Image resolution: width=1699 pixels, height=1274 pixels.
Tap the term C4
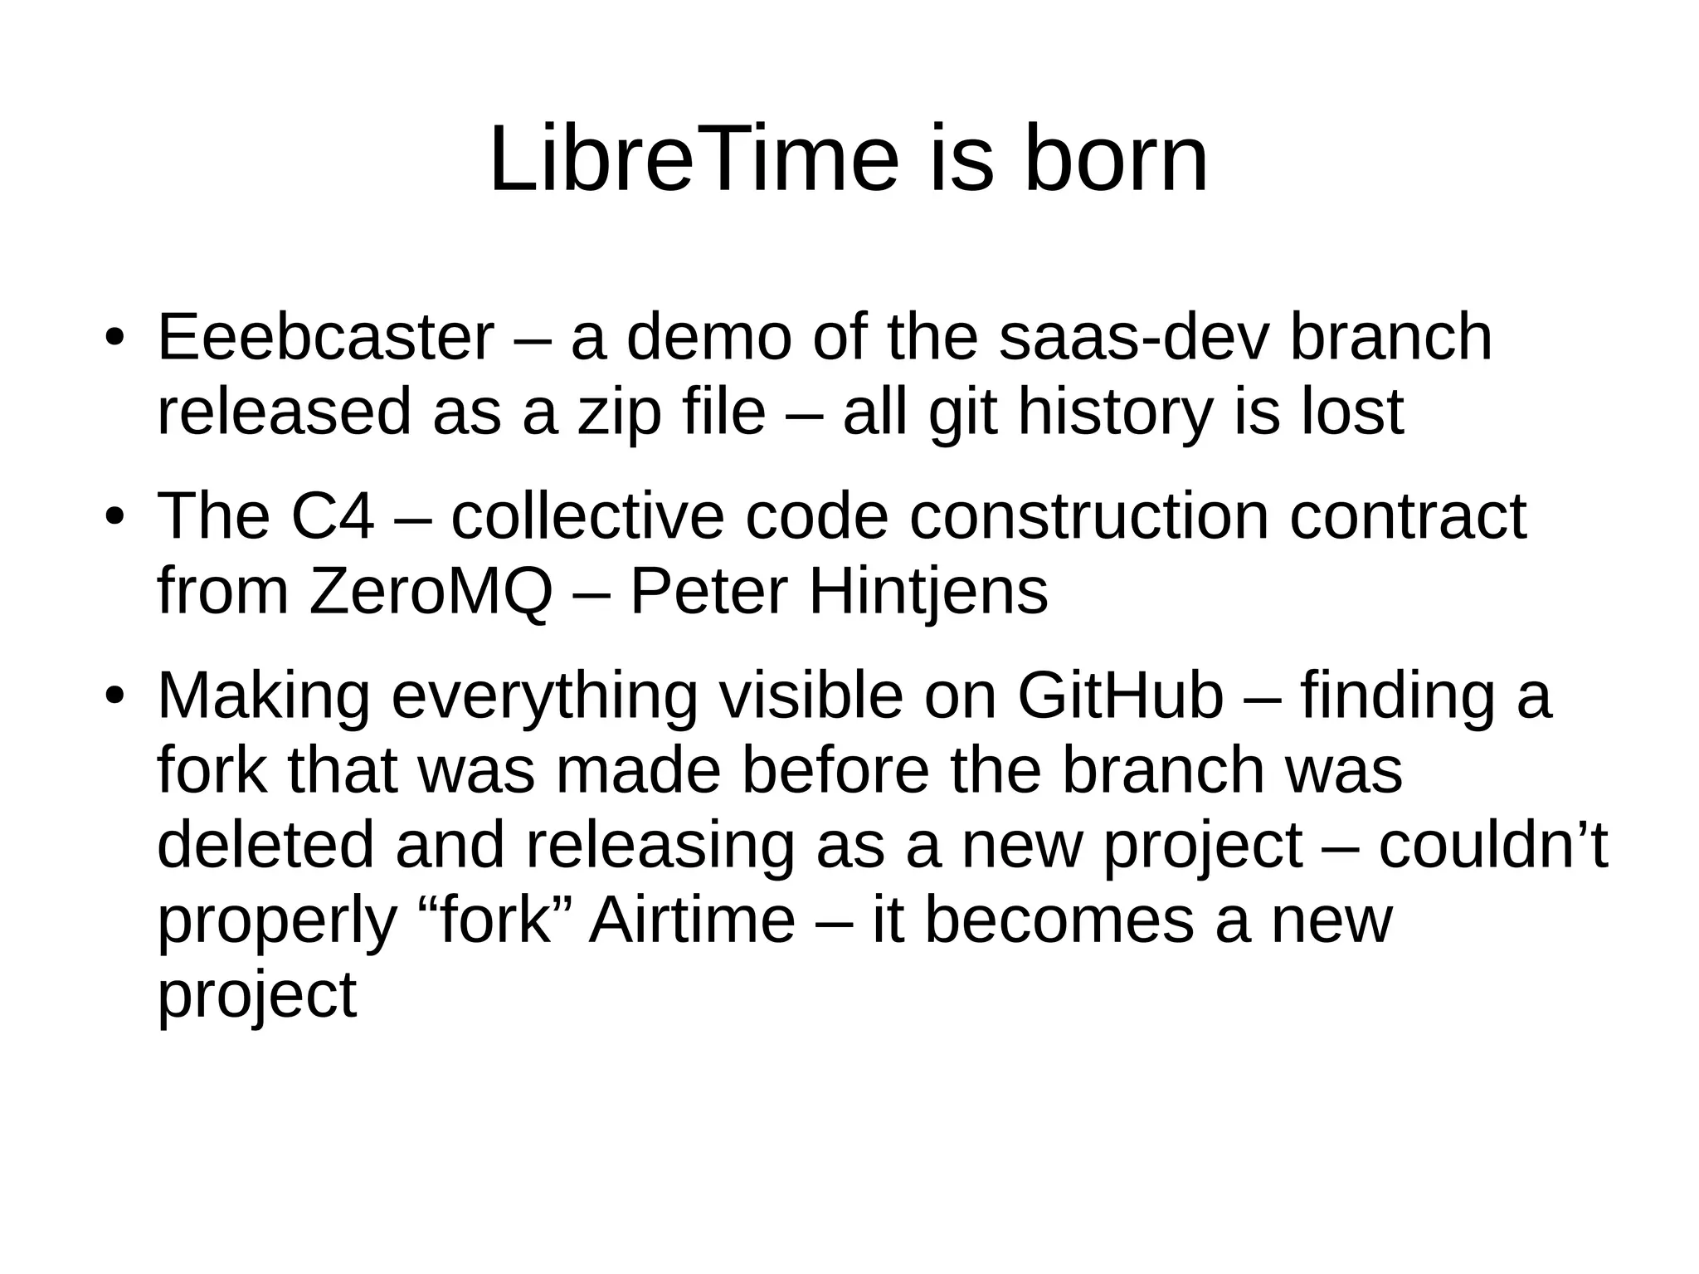pos(332,516)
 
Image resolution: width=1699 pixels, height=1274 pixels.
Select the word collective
pos(588,516)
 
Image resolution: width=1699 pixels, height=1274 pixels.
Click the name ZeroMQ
pos(430,591)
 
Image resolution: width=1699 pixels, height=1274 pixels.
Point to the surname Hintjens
pos(927,591)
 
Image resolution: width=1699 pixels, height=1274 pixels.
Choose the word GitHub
pos(1120,696)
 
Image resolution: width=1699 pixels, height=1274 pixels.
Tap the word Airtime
pos(691,920)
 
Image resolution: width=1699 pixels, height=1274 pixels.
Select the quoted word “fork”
pos(489,920)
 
